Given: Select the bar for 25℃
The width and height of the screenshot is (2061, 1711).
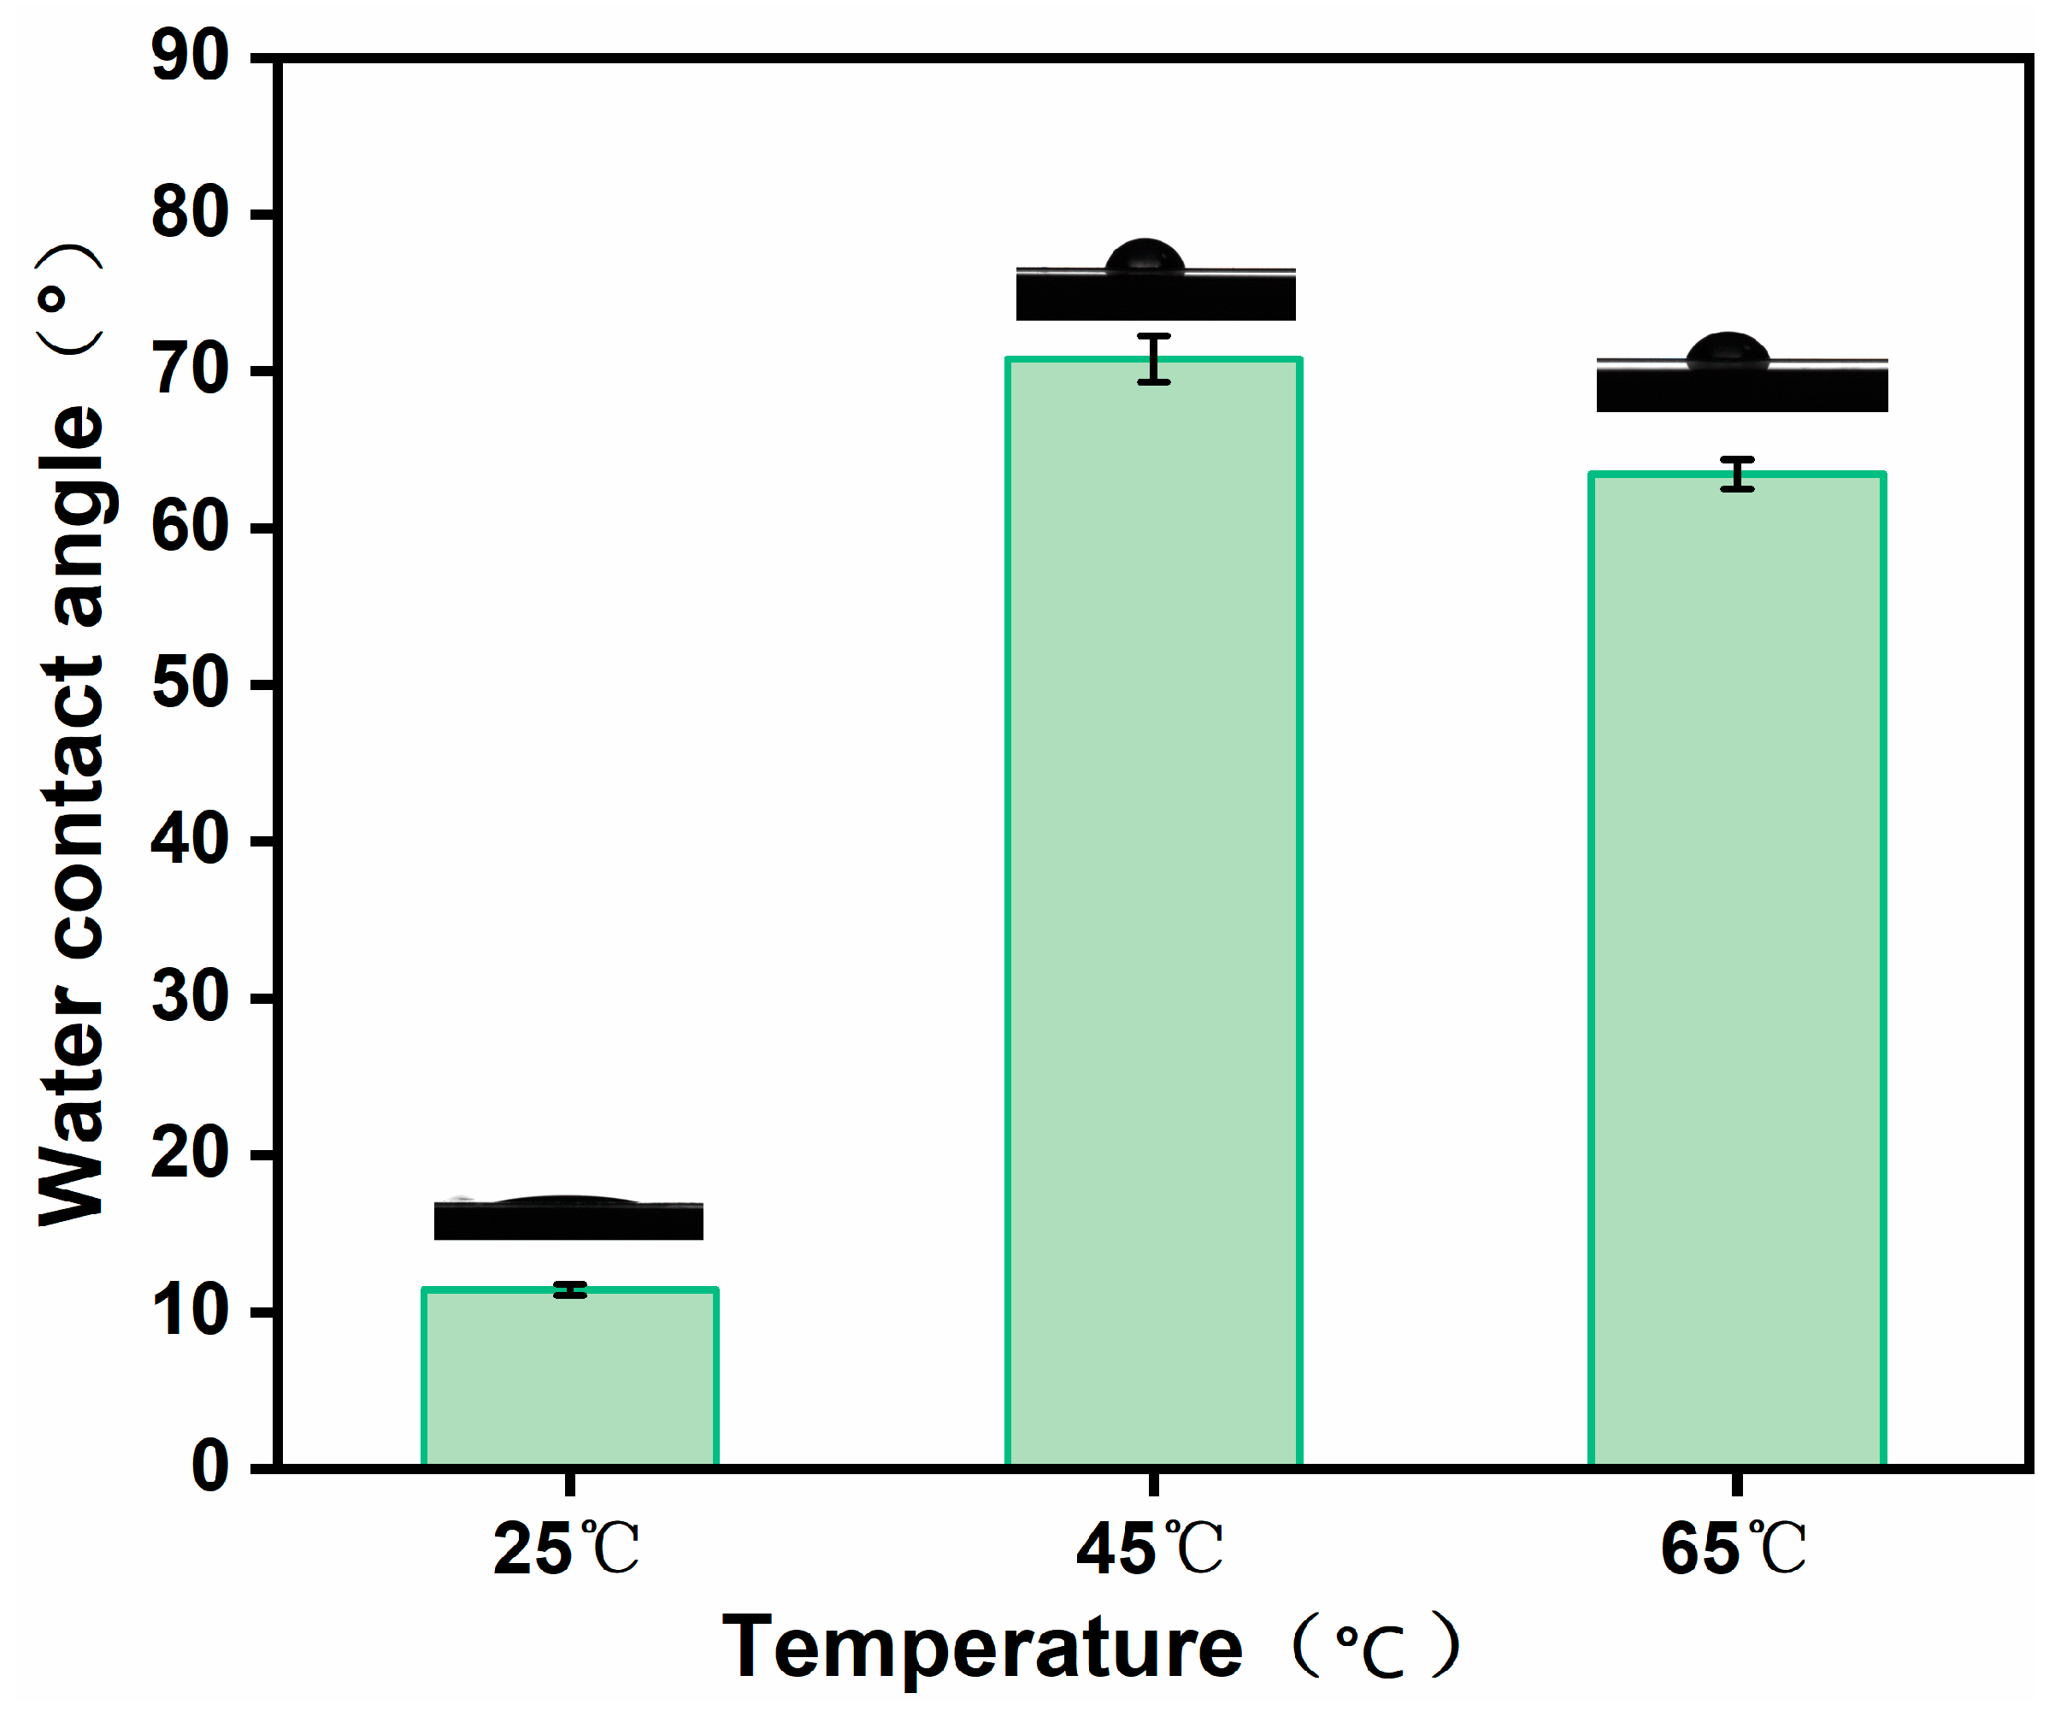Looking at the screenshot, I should (x=570, y=1378).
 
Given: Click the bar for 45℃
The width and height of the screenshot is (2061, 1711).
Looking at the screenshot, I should (x=1154, y=913).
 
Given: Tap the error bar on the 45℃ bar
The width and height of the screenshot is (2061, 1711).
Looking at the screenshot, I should (x=1154, y=358).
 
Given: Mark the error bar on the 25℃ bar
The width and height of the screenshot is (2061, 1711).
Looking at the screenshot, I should (x=570, y=1289).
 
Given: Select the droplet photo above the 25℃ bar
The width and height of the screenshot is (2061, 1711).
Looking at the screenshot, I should (x=569, y=1218).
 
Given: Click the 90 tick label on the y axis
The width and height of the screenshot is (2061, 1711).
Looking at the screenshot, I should (x=191, y=57).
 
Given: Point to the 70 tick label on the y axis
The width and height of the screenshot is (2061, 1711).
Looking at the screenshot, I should (x=191, y=371).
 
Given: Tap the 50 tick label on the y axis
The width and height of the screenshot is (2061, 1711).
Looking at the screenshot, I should (x=191, y=684).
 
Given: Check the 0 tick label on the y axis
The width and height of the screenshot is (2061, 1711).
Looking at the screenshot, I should (x=210, y=1468).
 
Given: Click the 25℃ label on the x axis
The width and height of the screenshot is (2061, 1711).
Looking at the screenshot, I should (x=566, y=1550).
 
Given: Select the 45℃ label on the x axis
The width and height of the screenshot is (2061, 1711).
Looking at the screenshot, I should (x=1151, y=1550).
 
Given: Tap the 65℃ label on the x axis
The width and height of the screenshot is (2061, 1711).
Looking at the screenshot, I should (x=1734, y=1550).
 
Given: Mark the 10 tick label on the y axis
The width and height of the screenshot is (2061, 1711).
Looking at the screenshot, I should (x=191, y=1312).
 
